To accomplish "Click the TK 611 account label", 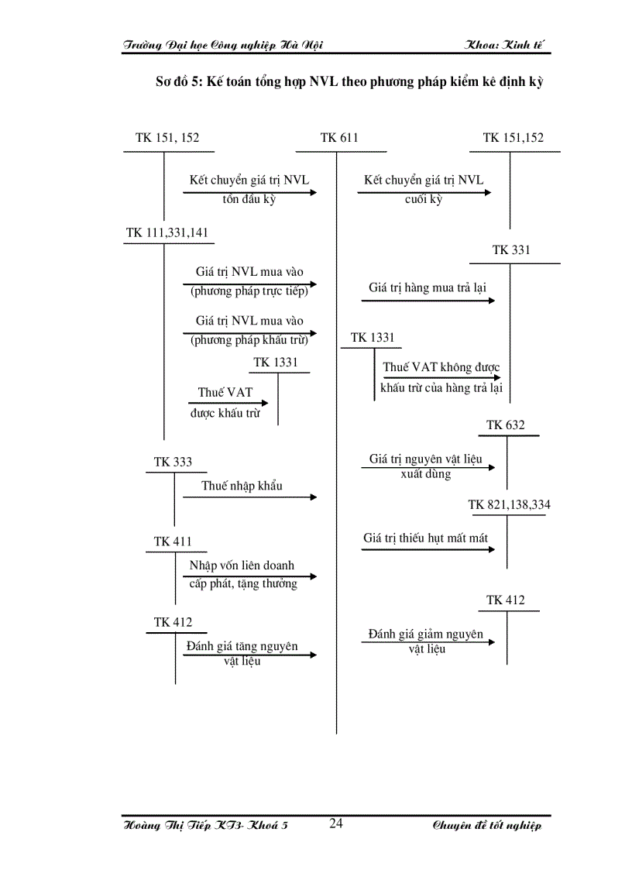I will pos(338,138).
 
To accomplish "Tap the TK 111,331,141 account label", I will pos(167,232).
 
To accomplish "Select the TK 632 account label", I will pos(505,425).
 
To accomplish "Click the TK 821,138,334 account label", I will pos(509,504).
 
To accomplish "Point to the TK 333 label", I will pos(173,462).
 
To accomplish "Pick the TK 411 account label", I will pos(172,542).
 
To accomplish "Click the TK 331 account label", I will pos(511,249).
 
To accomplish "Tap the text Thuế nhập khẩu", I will pos(242,486).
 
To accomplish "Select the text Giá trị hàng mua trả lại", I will pos(428,287).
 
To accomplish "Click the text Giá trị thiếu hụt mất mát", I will pos(425,537).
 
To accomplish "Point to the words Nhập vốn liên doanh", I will pos(242,566).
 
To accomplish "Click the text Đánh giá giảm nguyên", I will pos(425,634).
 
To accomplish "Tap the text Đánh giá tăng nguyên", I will pos(242,645).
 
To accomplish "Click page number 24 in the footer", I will pos(336,824).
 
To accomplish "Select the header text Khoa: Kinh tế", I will pos(506,45).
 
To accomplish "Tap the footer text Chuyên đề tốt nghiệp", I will pos(486,826).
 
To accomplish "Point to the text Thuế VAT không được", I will pos(441,367).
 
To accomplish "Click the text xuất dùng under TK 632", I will pos(425,473).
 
